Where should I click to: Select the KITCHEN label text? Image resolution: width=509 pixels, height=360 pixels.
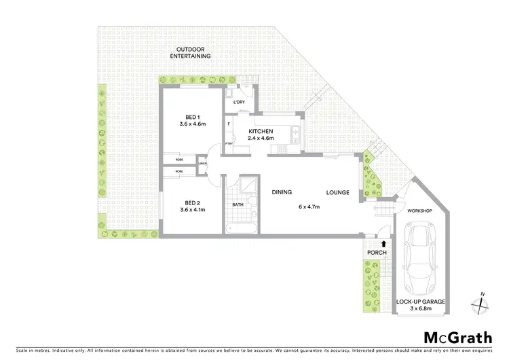261,131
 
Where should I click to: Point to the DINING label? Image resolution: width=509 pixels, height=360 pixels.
282,193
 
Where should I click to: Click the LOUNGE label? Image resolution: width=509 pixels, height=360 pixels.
337,193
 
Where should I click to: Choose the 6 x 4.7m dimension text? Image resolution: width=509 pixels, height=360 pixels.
309,207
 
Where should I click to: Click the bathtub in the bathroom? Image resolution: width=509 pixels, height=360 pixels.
239,225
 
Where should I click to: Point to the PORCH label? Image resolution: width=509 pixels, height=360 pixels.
377,253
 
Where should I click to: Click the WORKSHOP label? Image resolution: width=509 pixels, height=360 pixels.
419,211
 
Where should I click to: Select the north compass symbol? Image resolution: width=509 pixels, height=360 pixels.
481,304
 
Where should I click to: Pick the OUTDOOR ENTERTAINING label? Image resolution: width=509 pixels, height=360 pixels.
193,52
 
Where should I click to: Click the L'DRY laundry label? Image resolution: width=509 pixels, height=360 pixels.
238,103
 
